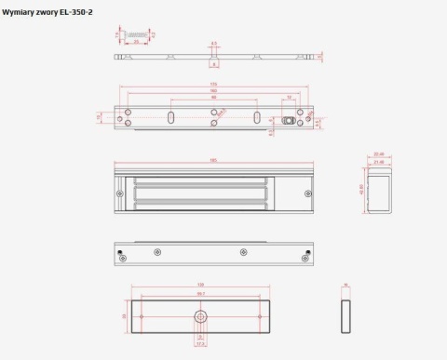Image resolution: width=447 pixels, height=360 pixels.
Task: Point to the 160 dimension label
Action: tap(213, 91)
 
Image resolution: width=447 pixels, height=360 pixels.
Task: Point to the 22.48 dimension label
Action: tap(378, 154)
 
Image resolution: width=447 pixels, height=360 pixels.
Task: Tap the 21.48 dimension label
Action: tap(378, 161)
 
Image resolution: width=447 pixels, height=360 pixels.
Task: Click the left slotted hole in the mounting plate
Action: tap(172, 118)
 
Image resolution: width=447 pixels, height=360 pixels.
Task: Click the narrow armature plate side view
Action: tap(345, 315)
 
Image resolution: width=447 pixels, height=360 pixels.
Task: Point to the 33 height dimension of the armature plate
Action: tap(125, 315)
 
